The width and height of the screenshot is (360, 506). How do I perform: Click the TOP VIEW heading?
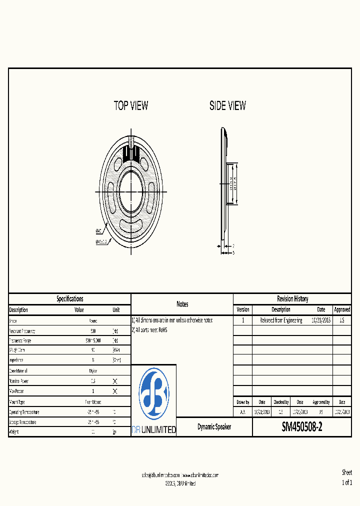[x=131, y=105]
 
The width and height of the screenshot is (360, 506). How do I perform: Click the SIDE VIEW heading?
[x=227, y=105]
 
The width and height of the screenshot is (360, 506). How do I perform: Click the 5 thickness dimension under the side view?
[x=233, y=252]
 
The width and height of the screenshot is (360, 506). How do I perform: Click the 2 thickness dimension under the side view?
[x=233, y=245]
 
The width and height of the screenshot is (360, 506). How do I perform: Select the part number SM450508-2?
[x=302, y=427]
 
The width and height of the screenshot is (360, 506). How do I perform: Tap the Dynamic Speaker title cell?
[x=214, y=427]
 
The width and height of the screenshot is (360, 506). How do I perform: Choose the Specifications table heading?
[x=70, y=299]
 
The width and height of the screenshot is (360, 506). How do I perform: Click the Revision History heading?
[x=292, y=299]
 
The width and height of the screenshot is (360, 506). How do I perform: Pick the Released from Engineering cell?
[x=281, y=320]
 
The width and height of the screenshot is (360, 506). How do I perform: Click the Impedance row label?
[x=17, y=360]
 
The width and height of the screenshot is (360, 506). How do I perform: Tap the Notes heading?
[x=182, y=304]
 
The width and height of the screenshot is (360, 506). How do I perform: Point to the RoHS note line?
[x=149, y=330]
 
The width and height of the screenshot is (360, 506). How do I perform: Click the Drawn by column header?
[x=242, y=402]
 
